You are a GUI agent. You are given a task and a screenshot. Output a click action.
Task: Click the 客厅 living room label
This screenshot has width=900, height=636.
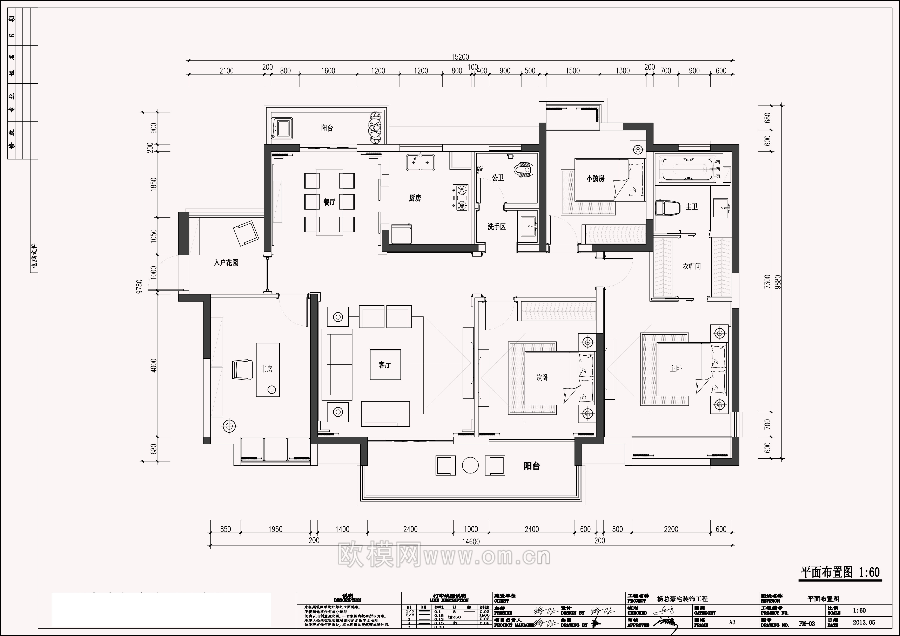[384, 365]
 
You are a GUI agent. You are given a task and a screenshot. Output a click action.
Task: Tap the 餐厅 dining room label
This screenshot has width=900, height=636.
[329, 202]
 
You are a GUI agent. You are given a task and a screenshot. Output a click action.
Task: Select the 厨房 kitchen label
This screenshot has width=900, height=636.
[415, 198]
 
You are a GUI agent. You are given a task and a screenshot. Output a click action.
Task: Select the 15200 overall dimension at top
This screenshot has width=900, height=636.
[460, 57]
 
